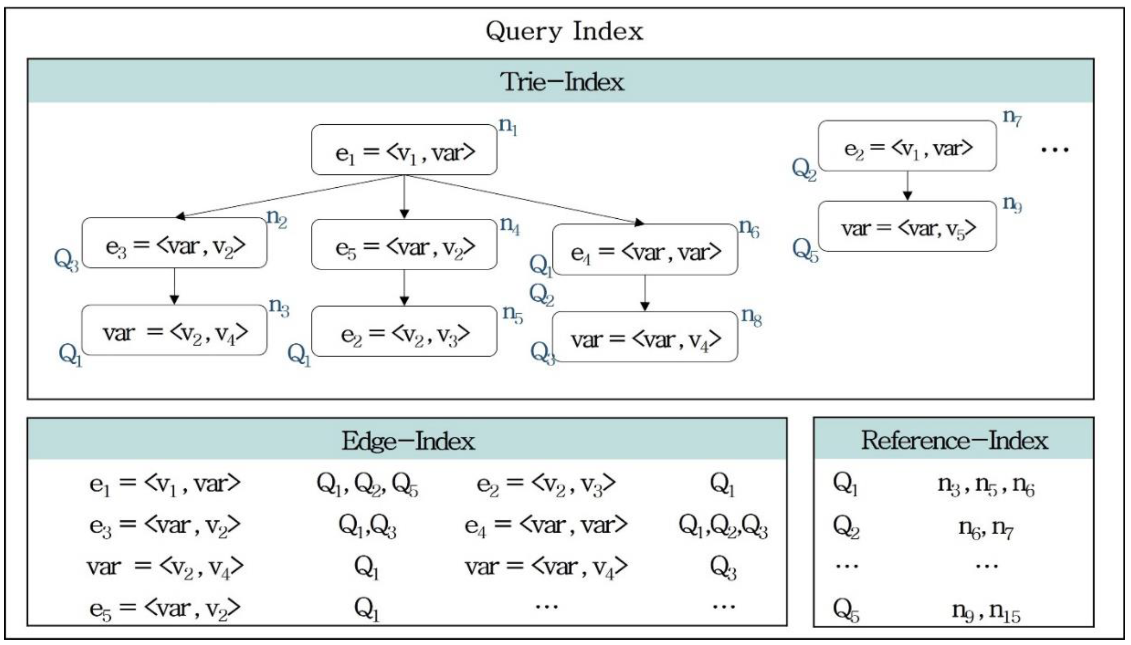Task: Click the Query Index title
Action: pos(564,31)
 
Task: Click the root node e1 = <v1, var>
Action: pos(404,150)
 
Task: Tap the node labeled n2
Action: pos(175,243)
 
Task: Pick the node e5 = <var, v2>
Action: pos(404,245)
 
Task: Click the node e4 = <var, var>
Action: pos(645,250)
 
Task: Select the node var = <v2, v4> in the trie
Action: pos(175,331)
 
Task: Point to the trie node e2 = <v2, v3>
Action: pos(404,332)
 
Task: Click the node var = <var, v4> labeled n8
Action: pos(645,338)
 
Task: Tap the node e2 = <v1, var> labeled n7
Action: pos(907,147)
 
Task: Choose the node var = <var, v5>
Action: pos(907,227)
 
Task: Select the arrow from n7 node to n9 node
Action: pos(907,186)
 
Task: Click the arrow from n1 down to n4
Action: pos(404,197)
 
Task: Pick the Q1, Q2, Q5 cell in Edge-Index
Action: pos(367,484)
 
